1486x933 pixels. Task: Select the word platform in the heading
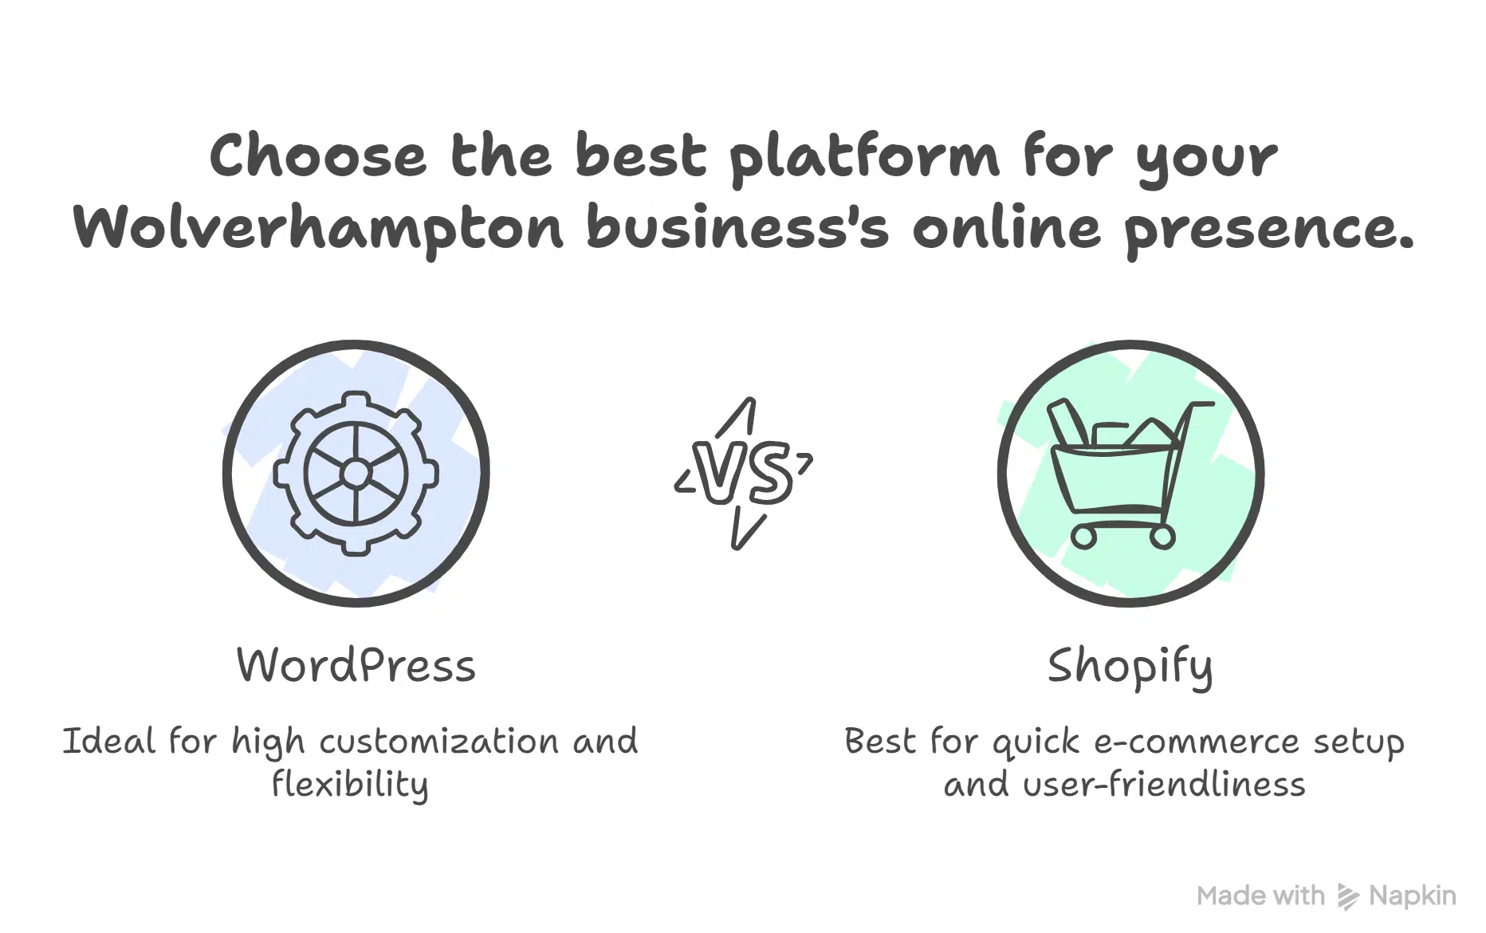[864, 158]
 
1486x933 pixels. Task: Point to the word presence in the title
[1268, 230]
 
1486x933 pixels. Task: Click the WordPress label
[356, 665]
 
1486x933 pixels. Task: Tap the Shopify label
[1130, 667]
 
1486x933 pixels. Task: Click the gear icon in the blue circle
[356, 473]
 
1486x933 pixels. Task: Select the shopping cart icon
[1129, 473]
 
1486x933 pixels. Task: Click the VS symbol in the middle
[743, 473]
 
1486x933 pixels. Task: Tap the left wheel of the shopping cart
[1083, 537]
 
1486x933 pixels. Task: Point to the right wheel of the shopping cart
[1162, 537]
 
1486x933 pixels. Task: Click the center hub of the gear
[356, 474]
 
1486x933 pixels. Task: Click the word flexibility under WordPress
[350, 785]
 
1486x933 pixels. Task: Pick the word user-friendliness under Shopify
[1164, 785]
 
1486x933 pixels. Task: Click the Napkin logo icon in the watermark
[1347, 896]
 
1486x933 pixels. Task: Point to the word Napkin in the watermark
[1412, 896]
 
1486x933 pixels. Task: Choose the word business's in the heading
[737, 228]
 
